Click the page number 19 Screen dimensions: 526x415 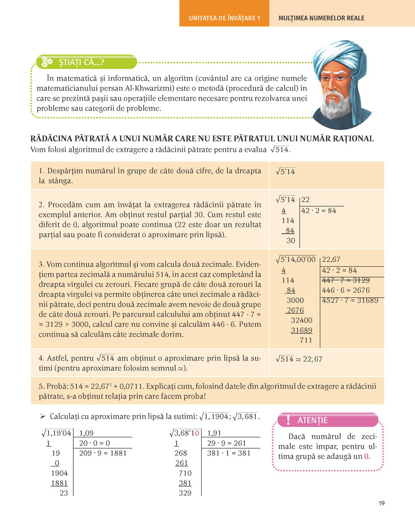tap(381, 503)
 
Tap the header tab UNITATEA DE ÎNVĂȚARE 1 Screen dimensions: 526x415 tap(224, 18)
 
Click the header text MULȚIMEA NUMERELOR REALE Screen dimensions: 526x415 tap(321, 18)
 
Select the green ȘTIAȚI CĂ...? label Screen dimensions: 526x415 tap(81, 62)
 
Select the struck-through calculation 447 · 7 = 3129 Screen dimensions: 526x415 tap(346, 280)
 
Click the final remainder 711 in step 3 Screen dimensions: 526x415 tap(306, 340)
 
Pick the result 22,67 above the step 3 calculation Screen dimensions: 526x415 tap(331, 259)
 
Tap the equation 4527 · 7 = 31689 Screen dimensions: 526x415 tap(350, 300)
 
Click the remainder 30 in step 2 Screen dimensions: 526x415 tap(291, 240)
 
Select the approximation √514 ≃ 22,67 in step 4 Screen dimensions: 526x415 tap(299, 359)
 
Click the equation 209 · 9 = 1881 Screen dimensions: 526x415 tap(103, 453)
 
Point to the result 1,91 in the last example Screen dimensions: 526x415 tap(214, 433)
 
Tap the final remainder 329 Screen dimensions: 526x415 tap(185, 493)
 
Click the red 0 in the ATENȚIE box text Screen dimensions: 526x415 tap(366, 456)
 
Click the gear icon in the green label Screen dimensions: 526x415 tap(47, 62)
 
